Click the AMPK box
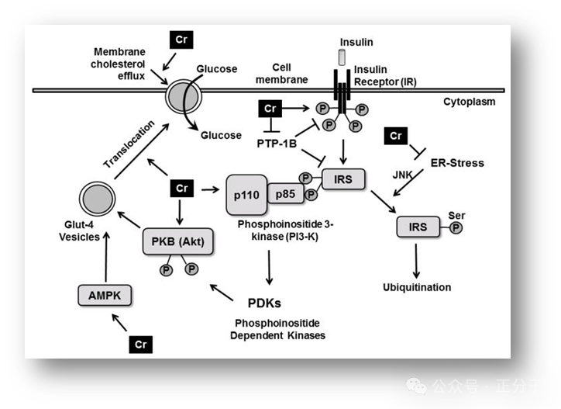click(105, 294)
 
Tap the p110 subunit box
click(246, 193)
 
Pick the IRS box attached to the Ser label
click(417, 227)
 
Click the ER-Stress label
click(457, 163)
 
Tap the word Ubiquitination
click(417, 287)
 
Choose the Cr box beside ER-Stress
click(396, 137)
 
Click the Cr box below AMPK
click(140, 343)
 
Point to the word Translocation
click(129, 144)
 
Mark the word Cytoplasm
click(469, 102)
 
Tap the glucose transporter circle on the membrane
click(184, 95)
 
